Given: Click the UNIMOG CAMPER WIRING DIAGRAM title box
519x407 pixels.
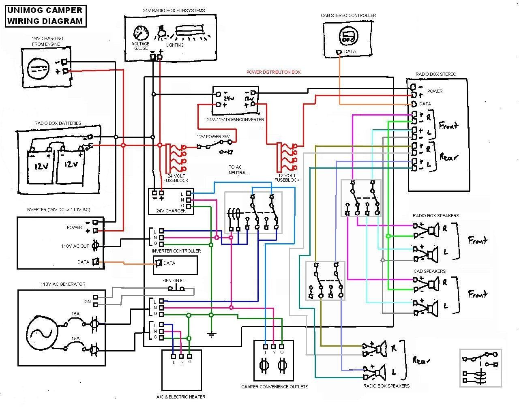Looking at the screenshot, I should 46,16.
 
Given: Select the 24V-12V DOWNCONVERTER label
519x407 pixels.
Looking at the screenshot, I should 235,120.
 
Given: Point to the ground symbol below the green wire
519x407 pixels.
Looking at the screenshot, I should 211,334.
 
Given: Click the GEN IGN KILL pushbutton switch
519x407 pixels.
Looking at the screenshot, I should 177,289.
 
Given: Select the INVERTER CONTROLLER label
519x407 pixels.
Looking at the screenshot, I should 176,251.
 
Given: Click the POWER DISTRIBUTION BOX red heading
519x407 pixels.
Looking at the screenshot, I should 274,72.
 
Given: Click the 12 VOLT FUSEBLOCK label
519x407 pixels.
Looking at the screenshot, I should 287,178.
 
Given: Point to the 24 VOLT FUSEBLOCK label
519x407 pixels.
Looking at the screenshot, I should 176,178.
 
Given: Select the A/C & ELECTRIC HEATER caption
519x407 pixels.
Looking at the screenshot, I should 180,397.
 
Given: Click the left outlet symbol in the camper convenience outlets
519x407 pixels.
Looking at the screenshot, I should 262,367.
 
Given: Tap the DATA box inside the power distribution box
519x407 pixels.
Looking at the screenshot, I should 175,265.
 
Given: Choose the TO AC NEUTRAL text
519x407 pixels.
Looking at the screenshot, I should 238,169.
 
